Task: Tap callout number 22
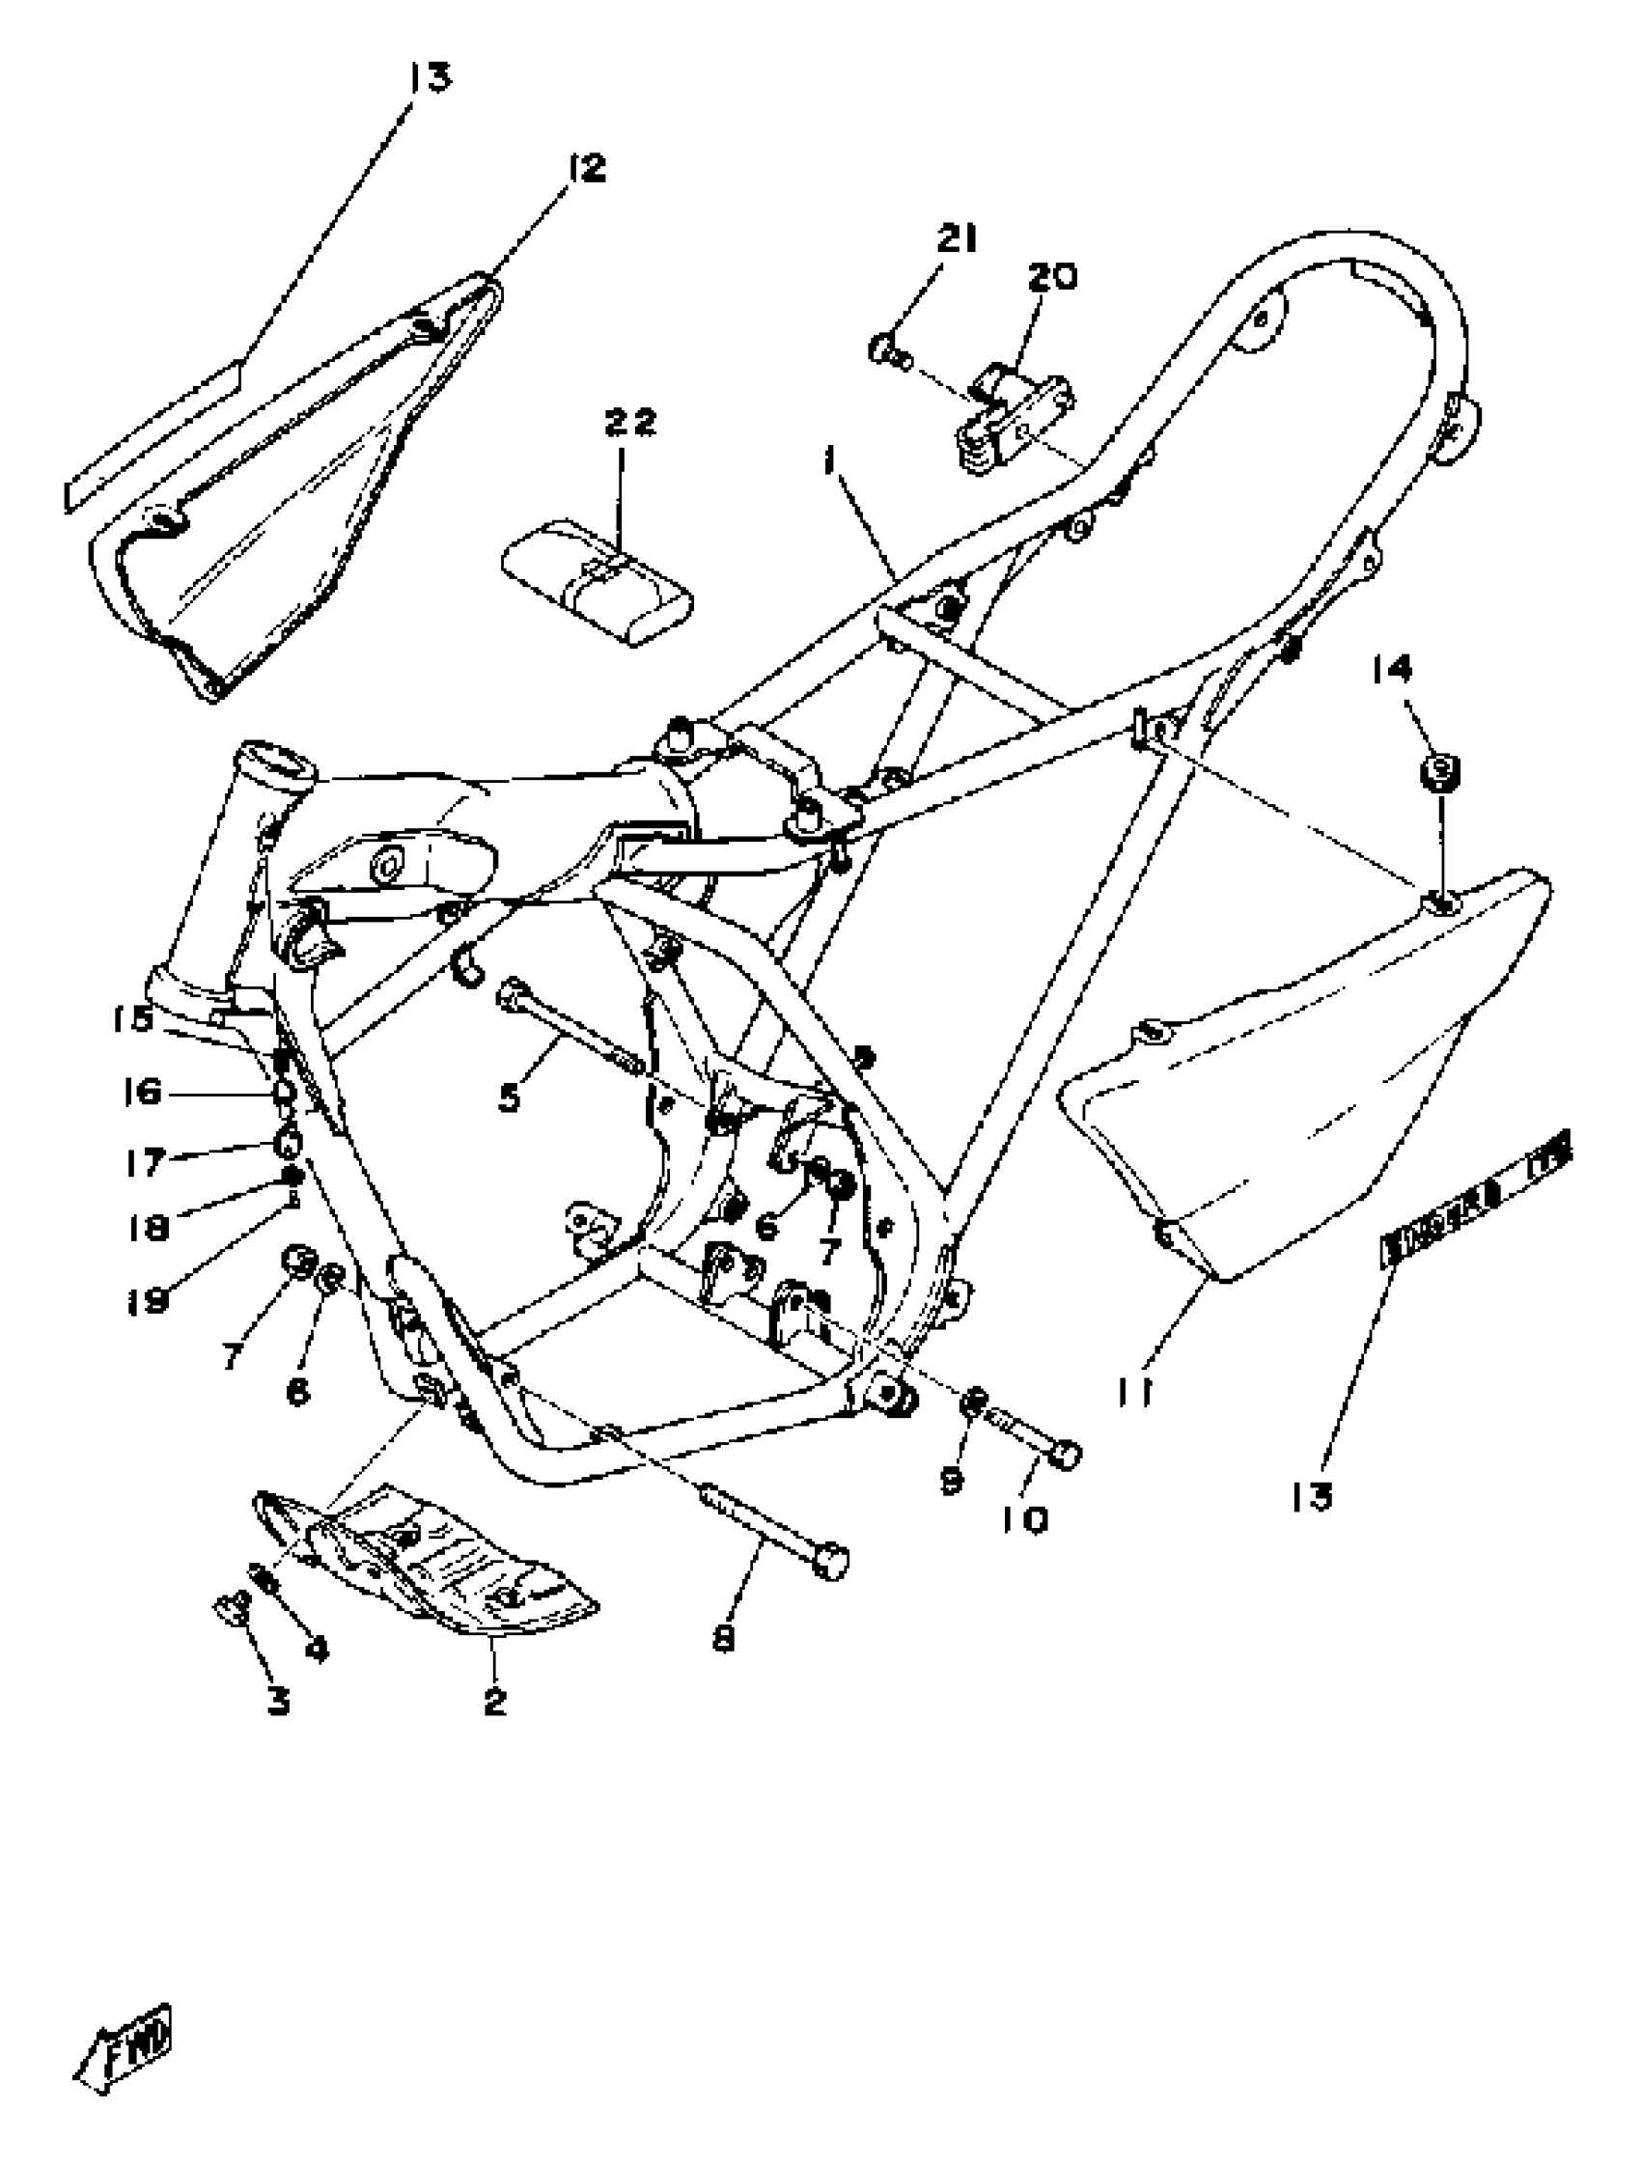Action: pyautogui.click(x=629, y=423)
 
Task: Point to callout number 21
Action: pyautogui.click(x=956, y=238)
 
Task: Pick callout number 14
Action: pyautogui.click(x=1391, y=670)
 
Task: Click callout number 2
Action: pyautogui.click(x=494, y=1702)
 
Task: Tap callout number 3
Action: pyautogui.click(x=279, y=1702)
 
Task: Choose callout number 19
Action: pyautogui.click(x=147, y=1301)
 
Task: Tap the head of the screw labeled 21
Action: pyautogui.click(x=884, y=347)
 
